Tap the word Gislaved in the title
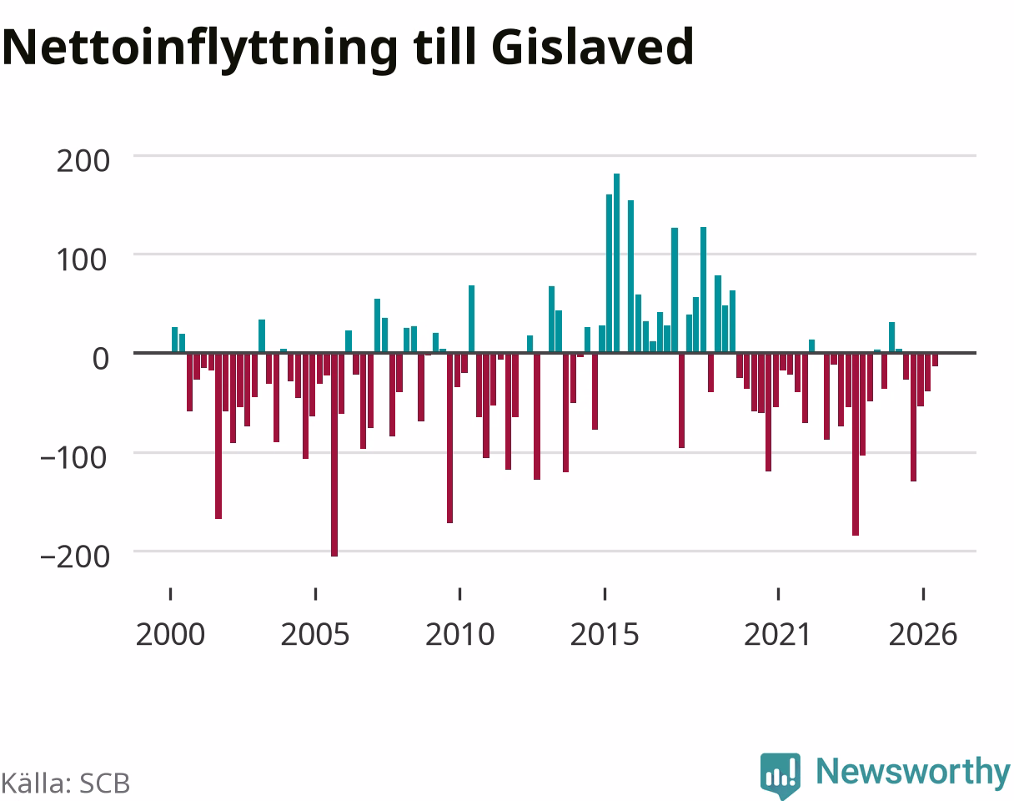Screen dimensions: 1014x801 pyautogui.click(x=592, y=46)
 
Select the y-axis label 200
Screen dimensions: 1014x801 pyautogui.click(x=83, y=161)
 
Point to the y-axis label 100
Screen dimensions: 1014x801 pyautogui.click(x=82, y=259)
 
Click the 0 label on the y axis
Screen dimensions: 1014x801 pyautogui.click(x=101, y=359)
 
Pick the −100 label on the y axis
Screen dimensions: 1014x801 pyautogui.click(x=74, y=458)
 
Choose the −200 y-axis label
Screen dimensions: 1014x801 pyautogui.click(x=75, y=557)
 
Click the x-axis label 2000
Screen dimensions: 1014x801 pyautogui.click(x=170, y=635)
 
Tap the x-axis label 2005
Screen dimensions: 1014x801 pyautogui.click(x=315, y=635)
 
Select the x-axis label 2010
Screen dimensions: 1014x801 pyautogui.click(x=459, y=635)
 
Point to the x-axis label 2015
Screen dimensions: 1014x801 pyautogui.click(x=605, y=635)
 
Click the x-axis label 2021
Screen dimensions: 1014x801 pyautogui.click(x=777, y=635)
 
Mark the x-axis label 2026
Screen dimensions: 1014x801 pyautogui.click(x=923, y=635)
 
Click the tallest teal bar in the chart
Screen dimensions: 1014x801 pyautogui.click(x=616, y=263)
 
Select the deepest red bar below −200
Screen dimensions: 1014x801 pyautogui.click(x=334, y=455)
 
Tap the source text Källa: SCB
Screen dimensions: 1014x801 pyautogui.click(x=65, y=783)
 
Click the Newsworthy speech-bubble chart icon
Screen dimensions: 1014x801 pyautogui.click(x=781, y=775)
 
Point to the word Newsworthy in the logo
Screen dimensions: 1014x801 pyautogui.click(x=913, y=773)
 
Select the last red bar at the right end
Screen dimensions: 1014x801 pyautogui.click(x=936, y=360)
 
